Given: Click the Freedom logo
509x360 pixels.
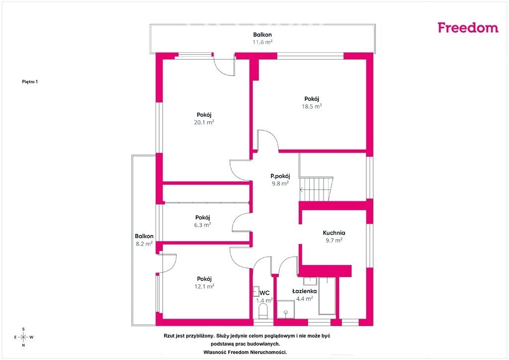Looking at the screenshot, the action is point(468,27).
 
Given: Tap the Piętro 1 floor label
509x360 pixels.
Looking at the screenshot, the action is point(30,82).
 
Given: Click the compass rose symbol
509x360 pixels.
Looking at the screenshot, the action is point(23,337).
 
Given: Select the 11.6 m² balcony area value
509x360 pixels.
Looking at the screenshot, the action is point(262,42).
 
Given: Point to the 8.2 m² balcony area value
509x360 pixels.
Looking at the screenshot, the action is point(144,244).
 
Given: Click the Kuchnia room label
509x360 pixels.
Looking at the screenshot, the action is point(334,233).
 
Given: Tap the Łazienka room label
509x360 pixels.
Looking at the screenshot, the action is point(305,291).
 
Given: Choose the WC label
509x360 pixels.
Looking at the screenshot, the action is point(264,293).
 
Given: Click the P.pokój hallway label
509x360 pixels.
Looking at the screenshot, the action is point(280,176).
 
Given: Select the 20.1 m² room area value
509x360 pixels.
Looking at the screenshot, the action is point(204,122).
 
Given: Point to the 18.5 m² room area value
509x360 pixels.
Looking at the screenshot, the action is point(312,106).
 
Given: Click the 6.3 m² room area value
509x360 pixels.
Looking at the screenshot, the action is point(203,225).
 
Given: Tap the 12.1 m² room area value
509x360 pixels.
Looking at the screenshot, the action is point(204,286).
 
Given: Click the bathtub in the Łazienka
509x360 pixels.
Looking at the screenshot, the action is point(327,296).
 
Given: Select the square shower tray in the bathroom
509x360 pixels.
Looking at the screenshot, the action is point(286,310).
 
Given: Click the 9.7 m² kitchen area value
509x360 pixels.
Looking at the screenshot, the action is point(335,241).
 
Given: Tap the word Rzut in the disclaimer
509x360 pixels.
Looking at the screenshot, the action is point(170,336).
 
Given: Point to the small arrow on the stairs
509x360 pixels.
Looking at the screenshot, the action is point(302,189).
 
